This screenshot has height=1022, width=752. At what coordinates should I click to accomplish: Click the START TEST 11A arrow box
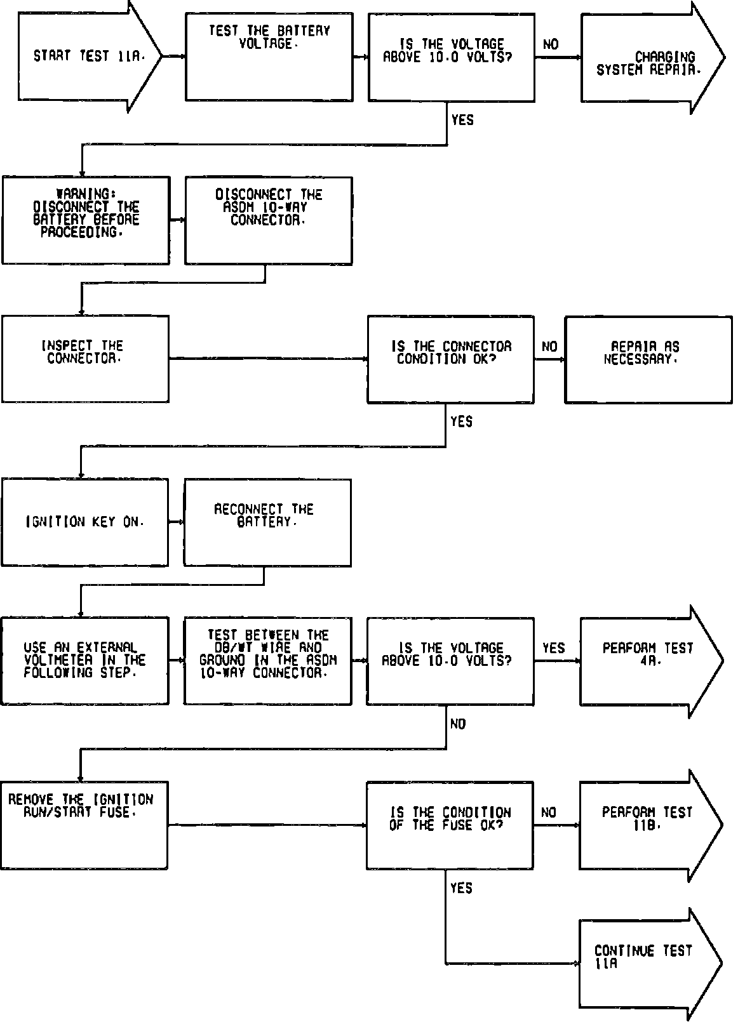(x=89, y=56)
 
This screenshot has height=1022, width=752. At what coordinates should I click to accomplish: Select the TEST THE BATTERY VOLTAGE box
(x=269, y=57)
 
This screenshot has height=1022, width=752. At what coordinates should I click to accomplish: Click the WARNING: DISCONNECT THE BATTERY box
(x=86, y=220)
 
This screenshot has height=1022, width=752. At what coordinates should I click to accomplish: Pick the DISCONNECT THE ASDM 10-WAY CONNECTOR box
(x=268, y=220)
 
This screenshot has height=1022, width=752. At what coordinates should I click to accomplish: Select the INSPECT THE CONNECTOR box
(x=85, y=359)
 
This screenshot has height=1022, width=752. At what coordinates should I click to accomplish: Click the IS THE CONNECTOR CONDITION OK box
(x=450, y=359)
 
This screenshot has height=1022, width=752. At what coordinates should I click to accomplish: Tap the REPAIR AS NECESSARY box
(x=648, y=359)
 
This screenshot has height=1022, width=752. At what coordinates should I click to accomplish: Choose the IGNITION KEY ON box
(x=85, y=522)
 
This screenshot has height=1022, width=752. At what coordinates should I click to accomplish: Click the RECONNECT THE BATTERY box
(x=267, y=522)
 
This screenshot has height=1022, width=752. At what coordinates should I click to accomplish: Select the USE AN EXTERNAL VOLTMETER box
(x=85, y=660)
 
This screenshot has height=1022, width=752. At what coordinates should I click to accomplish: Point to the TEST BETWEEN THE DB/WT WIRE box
(x=267, y=660)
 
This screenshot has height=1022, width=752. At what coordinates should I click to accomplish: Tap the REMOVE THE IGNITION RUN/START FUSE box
(x=84, y=825)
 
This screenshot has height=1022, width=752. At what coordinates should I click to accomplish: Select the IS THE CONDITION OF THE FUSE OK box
(x=450, y=825)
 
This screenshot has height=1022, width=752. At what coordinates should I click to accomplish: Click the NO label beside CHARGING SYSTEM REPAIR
(x=551, y=44)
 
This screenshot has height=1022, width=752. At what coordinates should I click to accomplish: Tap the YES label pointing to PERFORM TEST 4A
(x=553, y=648)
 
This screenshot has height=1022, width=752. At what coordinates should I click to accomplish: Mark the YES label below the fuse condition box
(x=461, y=887)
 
